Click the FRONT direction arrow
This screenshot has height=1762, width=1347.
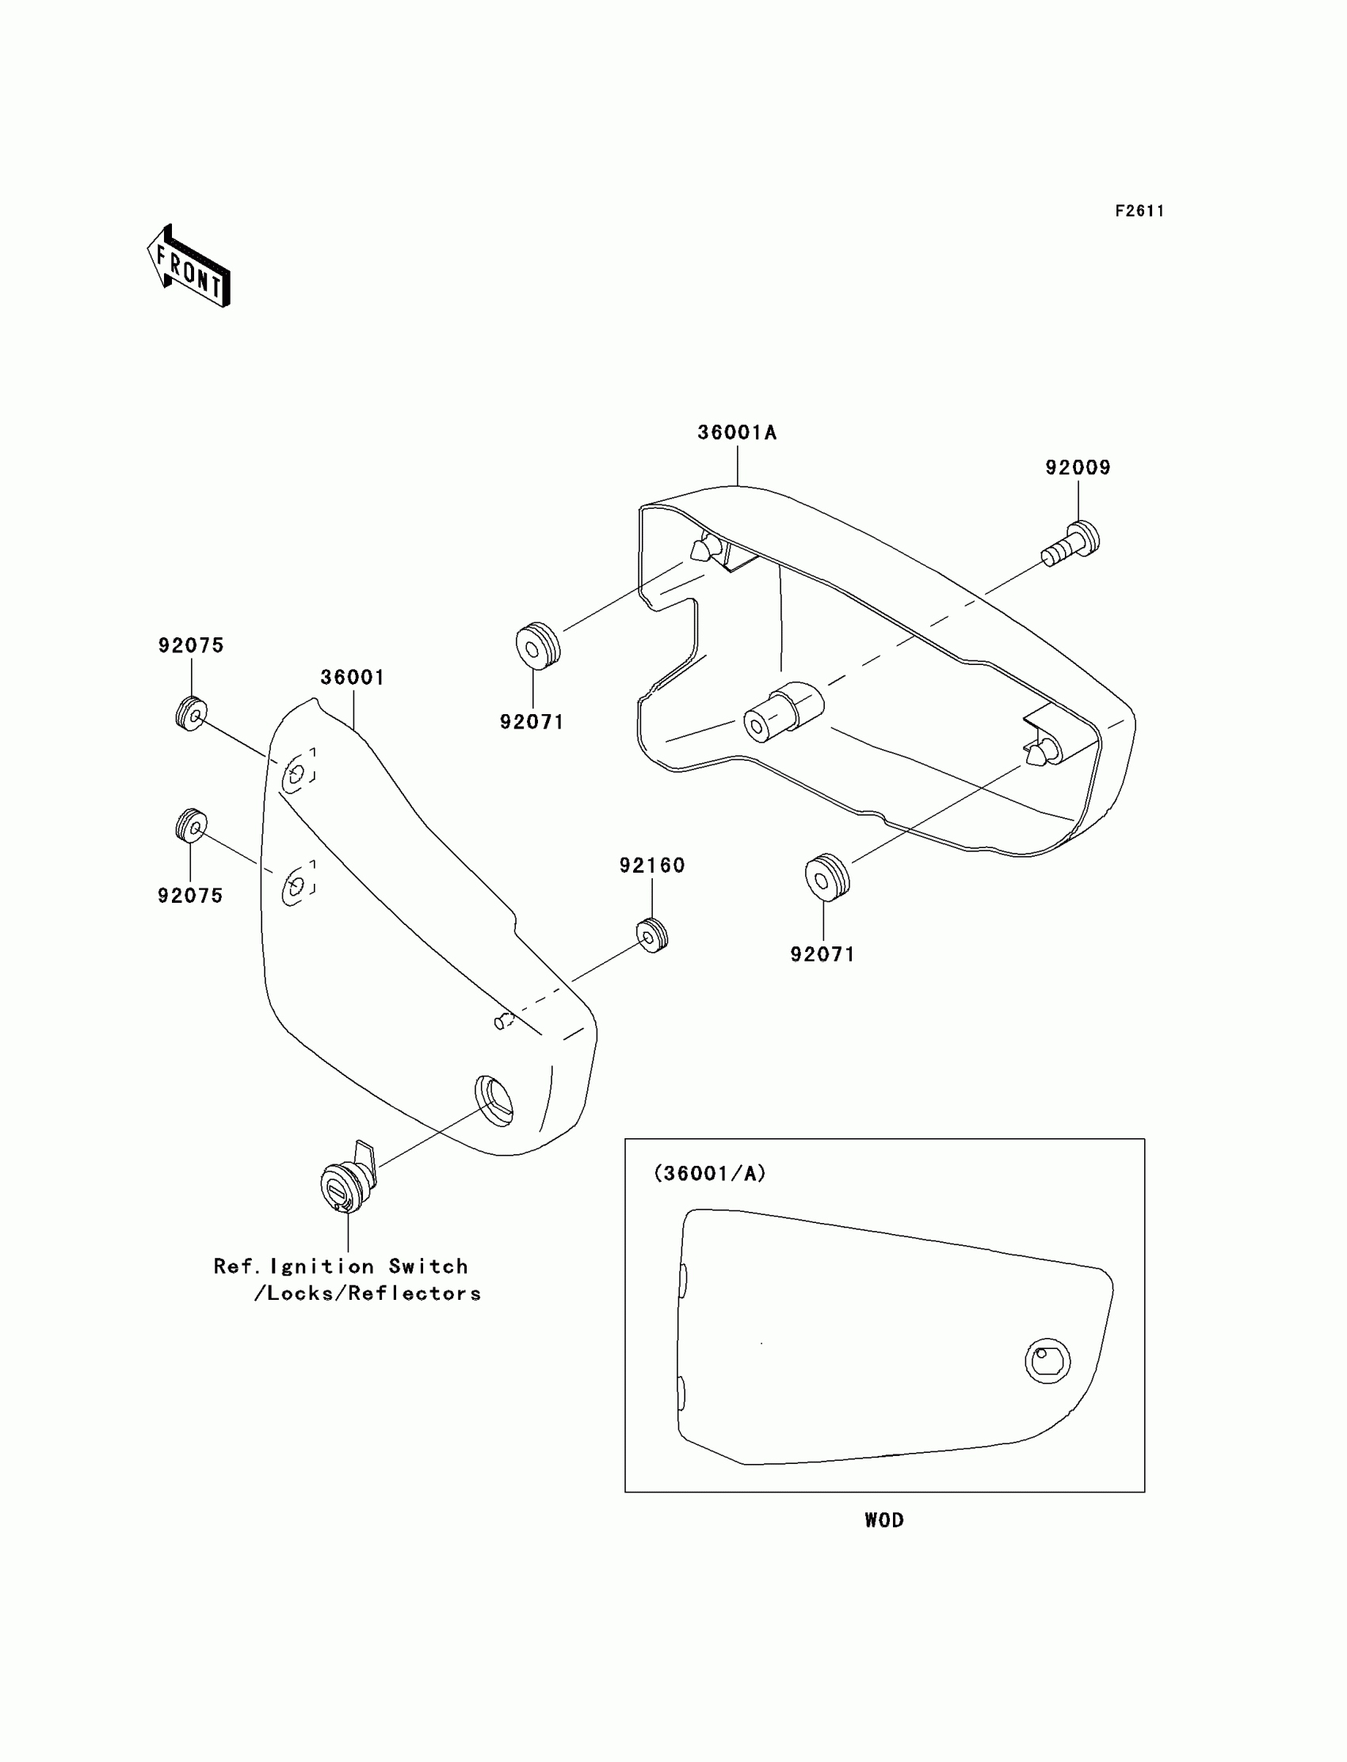[189, 266]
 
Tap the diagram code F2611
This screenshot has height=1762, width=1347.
[1139, 211]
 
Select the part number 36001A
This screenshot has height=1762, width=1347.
[737, 433]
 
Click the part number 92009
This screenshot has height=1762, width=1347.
[1078, 468]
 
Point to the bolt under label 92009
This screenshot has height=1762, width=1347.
[1071, 543]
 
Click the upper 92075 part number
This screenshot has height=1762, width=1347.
[191, 646]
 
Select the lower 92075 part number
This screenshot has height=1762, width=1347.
[190, 896]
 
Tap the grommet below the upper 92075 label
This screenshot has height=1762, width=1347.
[192, 714]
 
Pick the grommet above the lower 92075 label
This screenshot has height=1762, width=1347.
[192, 825]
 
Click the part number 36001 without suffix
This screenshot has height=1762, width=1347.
[353, 678]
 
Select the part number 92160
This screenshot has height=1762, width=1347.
[652, 866]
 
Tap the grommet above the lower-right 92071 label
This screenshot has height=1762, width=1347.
[826, 878]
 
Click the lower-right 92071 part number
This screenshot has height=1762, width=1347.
[822, 954]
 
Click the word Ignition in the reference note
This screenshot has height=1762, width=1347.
[322, 1267]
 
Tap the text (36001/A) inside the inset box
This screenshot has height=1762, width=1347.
[710, 1173]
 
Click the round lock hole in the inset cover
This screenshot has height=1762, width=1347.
[1047, 1360]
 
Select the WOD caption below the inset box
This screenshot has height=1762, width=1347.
[883, 1519]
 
